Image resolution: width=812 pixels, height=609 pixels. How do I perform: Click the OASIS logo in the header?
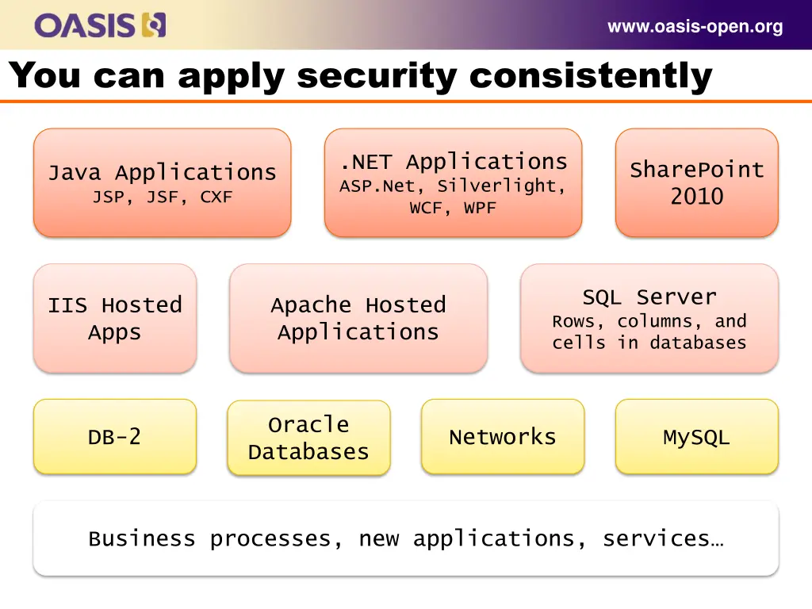(100, 25)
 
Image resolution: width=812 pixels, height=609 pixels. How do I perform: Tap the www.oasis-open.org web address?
(695, 27)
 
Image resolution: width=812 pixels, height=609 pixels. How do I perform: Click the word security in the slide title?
(377, 76)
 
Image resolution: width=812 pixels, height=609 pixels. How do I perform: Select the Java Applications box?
(162, 182)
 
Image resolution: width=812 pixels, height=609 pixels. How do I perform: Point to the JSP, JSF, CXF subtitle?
(162, 197)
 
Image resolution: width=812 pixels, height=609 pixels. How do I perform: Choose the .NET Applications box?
(453, 182)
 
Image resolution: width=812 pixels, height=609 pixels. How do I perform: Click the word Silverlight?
(501, 186)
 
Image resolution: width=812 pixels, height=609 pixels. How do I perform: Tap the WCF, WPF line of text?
(453, 209)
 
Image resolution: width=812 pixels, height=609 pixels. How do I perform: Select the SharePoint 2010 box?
(696, 182)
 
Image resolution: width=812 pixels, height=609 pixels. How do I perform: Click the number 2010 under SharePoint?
(696, 197)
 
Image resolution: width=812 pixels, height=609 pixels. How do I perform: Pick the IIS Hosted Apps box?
(115, 318)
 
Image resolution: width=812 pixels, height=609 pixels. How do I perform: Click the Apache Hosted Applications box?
(358, 318)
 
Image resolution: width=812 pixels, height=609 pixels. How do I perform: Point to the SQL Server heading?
(649, 297)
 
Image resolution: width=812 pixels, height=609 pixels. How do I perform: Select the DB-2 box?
(115, 437)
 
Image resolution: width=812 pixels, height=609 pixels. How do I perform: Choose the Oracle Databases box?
(308, 438)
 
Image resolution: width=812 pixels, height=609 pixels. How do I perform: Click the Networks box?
(503, 437)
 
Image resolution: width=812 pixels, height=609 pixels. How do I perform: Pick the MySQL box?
(696, 437)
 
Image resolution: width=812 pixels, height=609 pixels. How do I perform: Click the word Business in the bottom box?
(141, 539)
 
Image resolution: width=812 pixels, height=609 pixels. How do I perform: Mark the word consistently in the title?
(591, 76)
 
